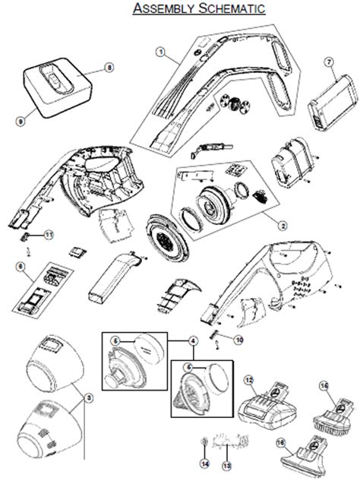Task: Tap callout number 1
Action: point(161,51)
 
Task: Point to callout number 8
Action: point(109,68)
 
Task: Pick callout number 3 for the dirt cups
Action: point(89,397)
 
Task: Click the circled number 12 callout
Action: point(248,378)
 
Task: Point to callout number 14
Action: point(204,463)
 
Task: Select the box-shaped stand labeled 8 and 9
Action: point(59,89)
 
